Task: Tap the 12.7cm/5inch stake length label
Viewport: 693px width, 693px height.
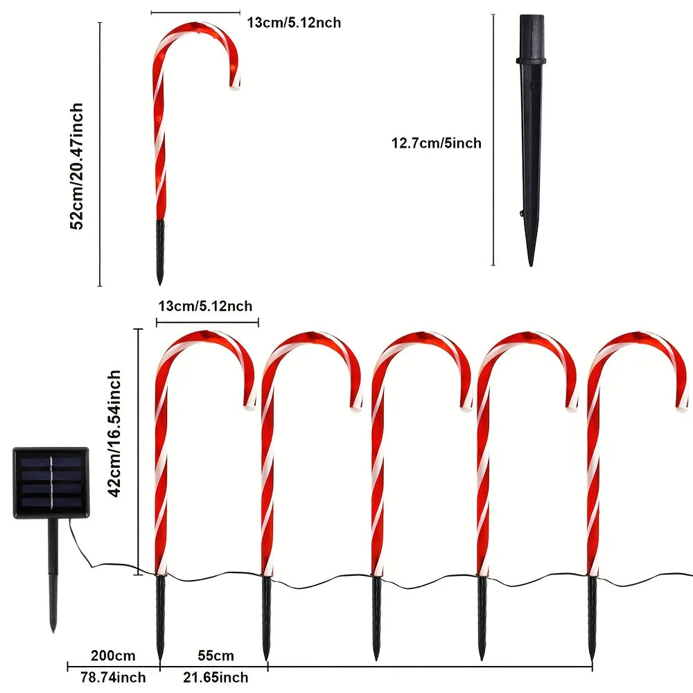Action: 436,143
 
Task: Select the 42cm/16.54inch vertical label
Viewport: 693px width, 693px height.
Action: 115,433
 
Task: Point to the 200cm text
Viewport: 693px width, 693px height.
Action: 114,656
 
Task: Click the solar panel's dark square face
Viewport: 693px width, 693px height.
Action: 51,482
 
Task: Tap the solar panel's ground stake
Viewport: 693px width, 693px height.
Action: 51,575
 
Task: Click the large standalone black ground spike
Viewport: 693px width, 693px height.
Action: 530,139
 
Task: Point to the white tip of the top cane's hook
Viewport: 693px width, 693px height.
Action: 236,86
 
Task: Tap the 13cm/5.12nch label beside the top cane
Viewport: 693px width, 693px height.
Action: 294,22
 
